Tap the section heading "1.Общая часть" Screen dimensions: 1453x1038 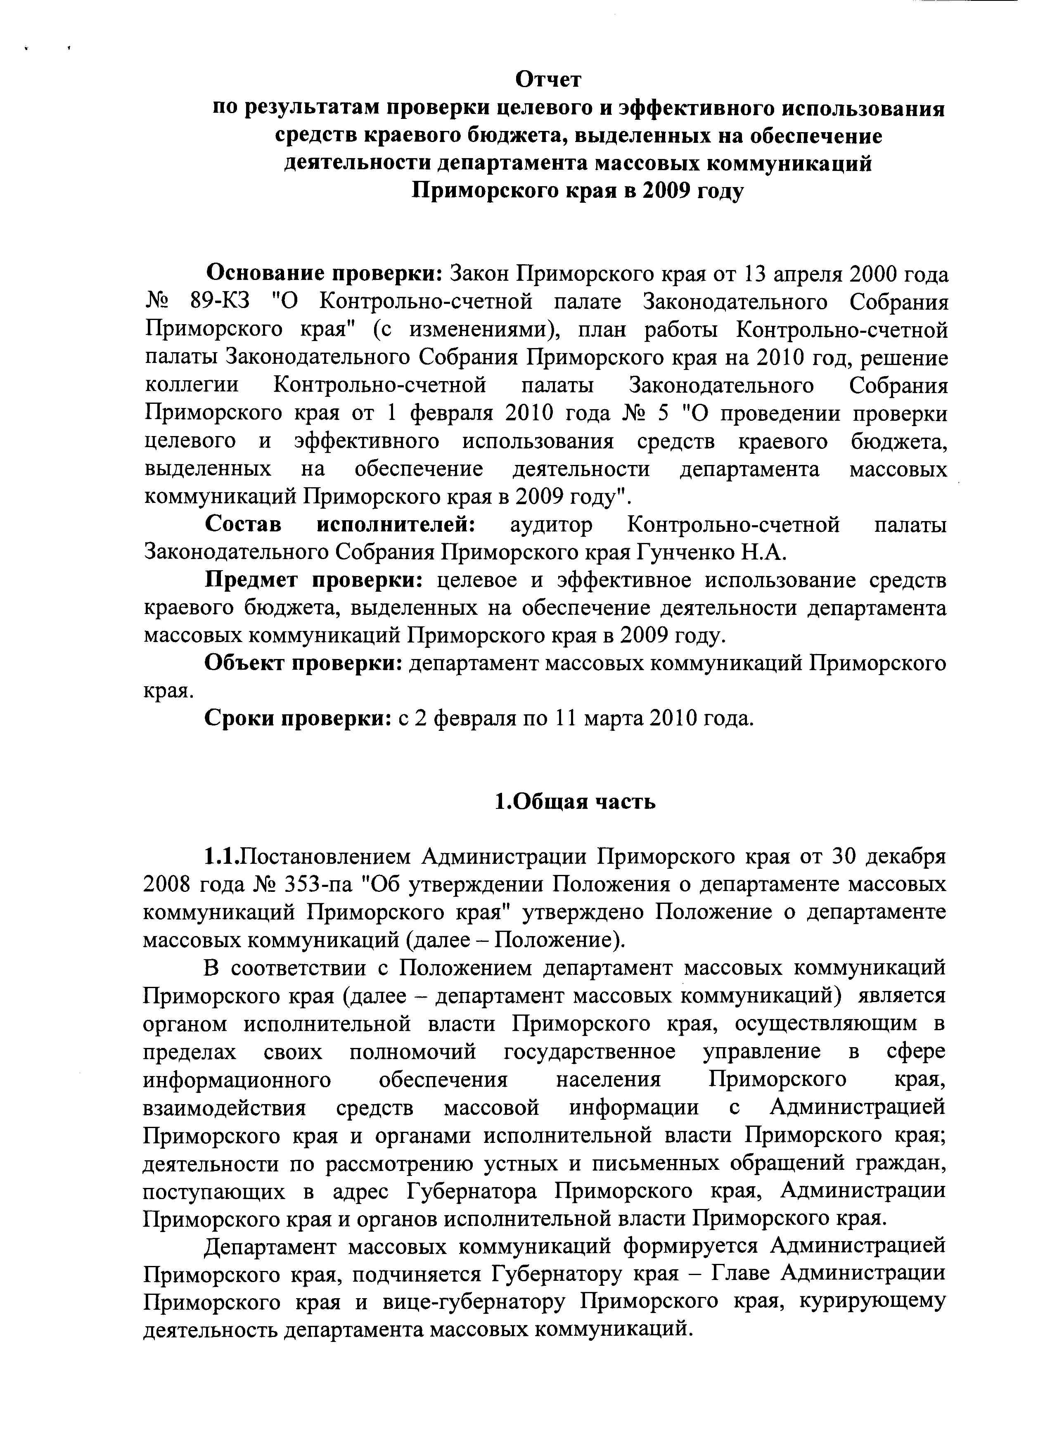click(575, 801)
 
